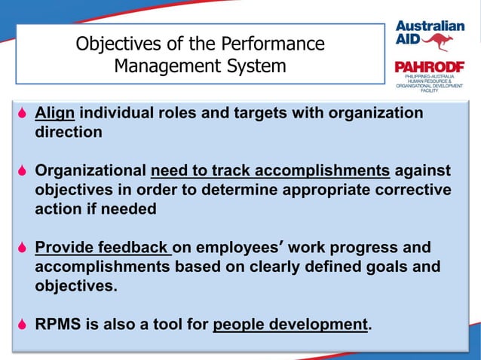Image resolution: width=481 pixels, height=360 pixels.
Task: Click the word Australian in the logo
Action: (430, 24)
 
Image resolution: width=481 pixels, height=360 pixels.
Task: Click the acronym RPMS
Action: (59, 325)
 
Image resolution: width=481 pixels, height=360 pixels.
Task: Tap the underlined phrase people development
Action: (291, 325)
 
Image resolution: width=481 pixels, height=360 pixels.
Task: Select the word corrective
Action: (409, 190)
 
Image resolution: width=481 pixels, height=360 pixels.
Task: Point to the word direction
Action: (68, 133)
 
